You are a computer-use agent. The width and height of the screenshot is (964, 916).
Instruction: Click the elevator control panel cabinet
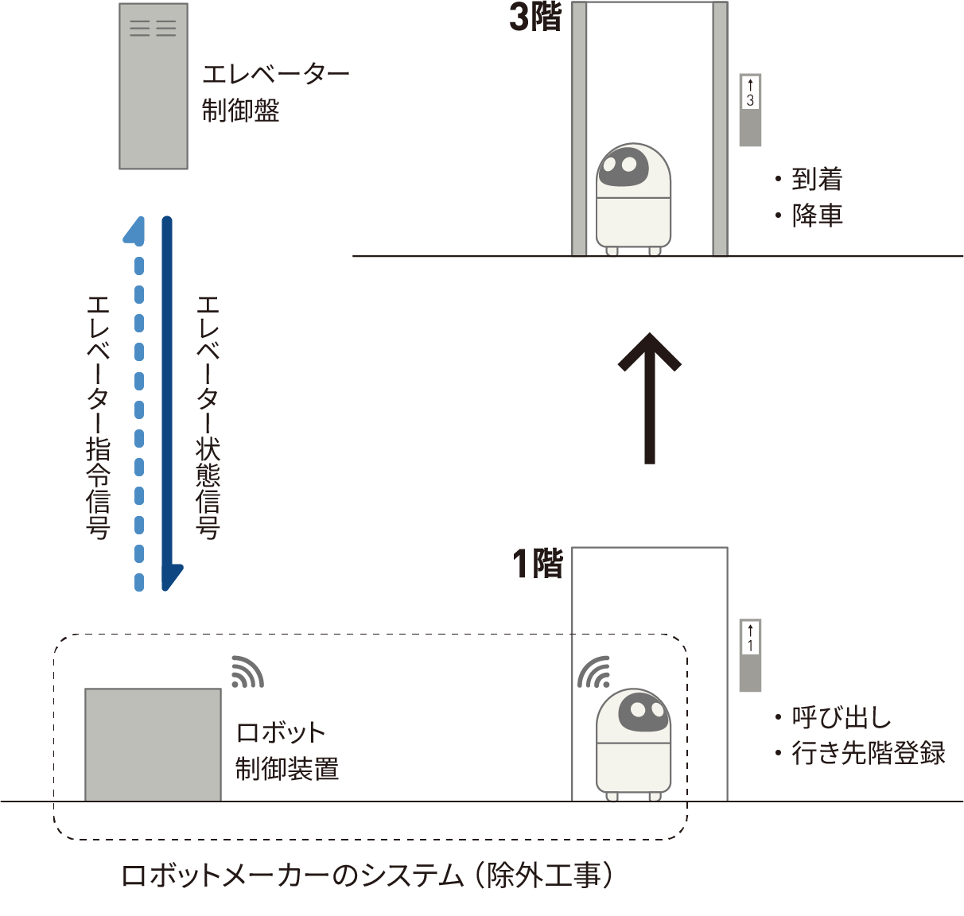(x=154, y=86)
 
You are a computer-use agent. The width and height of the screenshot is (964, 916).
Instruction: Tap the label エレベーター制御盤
(x=274, y=92)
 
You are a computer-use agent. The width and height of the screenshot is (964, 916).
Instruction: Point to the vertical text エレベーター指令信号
(x=98, y=417)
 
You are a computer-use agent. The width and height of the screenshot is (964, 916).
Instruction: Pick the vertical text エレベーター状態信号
(x=208, y=417)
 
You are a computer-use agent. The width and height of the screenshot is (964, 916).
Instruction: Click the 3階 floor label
(x=535, y=17)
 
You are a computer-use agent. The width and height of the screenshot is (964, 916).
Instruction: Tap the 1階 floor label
(x=537, y=564)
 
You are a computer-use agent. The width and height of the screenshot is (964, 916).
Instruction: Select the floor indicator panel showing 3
(x=750, y=110)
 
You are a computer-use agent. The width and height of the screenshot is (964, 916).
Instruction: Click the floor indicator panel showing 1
(x=750, y=654)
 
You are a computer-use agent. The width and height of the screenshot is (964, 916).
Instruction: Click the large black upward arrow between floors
(x=650, y=398)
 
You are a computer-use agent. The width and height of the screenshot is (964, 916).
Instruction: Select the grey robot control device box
(x=153, y=744)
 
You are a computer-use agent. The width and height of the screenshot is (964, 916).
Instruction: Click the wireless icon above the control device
(x=247, y=672)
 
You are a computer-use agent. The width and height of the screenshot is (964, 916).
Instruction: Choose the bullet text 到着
(x=816, y=180)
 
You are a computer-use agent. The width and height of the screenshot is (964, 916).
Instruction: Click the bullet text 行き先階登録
(x=868, y=753)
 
